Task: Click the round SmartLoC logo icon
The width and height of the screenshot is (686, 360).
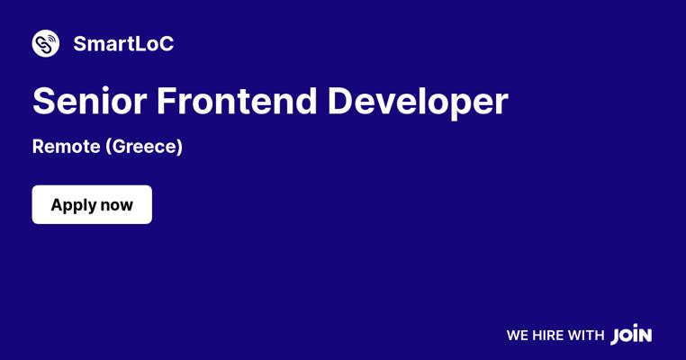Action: click(x=46, y=43)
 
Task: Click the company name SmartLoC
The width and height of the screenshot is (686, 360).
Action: click(x=124, y=44)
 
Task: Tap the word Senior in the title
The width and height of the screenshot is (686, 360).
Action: click(x=90, y=101)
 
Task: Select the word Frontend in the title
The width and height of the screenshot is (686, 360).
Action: click(x=237, y=101)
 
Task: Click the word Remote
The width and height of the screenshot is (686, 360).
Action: click(x=67, y=147)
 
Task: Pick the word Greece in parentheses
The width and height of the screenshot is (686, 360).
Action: click(x=144, y=147)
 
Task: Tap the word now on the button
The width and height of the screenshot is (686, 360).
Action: click(x=117, y=205)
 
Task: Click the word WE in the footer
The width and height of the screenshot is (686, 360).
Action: click(x=518, y=336)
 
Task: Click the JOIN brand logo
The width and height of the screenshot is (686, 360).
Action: click(x=631, y=335)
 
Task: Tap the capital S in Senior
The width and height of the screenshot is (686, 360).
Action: click(x=43, y=101)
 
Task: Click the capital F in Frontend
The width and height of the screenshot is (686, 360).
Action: click(x=166, y=101)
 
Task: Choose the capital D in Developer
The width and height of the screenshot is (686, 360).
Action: click(x=339, y=101)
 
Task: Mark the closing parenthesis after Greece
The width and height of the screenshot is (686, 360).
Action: click(x=179, y=147)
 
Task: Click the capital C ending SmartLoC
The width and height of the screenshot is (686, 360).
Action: click(x=167, y=44)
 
